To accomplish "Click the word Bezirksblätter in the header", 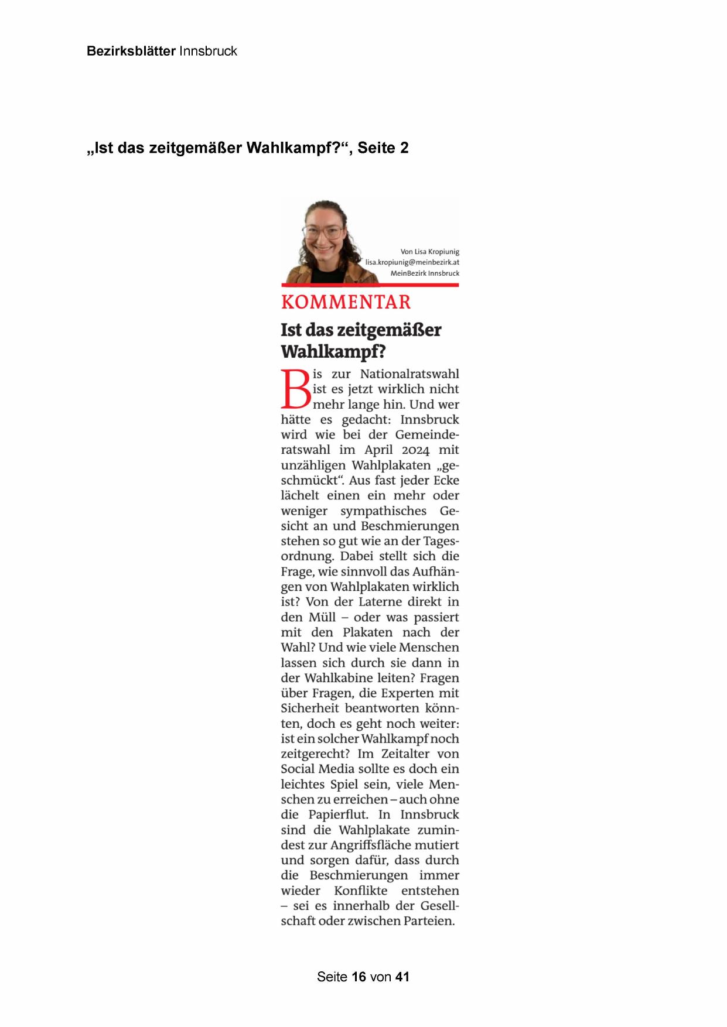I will coord(131,51).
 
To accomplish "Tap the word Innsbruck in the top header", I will coord(208,51).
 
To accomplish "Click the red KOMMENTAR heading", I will coord(346,302).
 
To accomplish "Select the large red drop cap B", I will coord(296,389).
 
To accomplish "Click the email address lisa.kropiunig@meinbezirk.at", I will coord(412,262).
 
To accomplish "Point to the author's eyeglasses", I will coord(323,232).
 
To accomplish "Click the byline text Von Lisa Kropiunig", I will coord(429,252).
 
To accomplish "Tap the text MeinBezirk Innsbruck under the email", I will coord(425,273).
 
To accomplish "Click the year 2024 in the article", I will coord(416,450).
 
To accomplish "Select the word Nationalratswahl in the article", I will coord(409,374).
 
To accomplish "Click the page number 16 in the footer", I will coord(359,977).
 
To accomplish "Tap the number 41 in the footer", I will coord(402,977).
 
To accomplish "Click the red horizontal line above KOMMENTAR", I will coord(370,285).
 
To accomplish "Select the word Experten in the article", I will coord(405,693).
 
